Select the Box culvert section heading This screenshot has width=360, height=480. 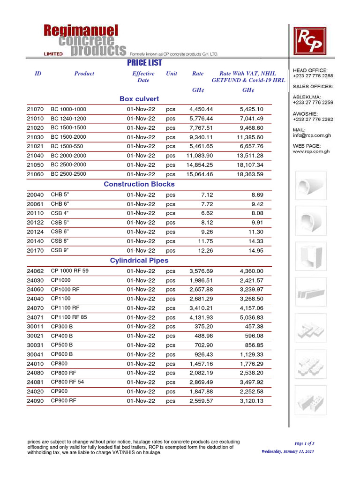[x=139, y=99]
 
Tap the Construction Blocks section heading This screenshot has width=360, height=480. [x=139, y=184]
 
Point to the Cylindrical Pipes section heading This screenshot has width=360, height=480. [x=139, y=260]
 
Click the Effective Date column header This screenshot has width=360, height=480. [x=143, y=77]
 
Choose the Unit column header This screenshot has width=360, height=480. [x=171, y=74]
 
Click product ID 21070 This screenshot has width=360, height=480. [x=35, y=109]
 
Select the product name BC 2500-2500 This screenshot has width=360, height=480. [x=68, y=174]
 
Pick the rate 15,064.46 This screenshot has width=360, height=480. [x=200, y=174]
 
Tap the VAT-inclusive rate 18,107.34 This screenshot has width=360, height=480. [x=250, y=165]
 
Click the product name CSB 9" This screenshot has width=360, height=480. [x=60, y=250]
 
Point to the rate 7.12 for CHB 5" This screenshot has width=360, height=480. [x=207, y=194]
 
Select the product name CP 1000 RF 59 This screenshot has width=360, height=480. [x=69, y=270]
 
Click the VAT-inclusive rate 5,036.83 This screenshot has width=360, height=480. [x=251, y=317]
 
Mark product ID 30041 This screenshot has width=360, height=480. [x=35, y=354]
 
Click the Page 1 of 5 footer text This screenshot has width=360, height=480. [x=304, y=443]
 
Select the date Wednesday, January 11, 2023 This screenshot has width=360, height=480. [x=287, y=451]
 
